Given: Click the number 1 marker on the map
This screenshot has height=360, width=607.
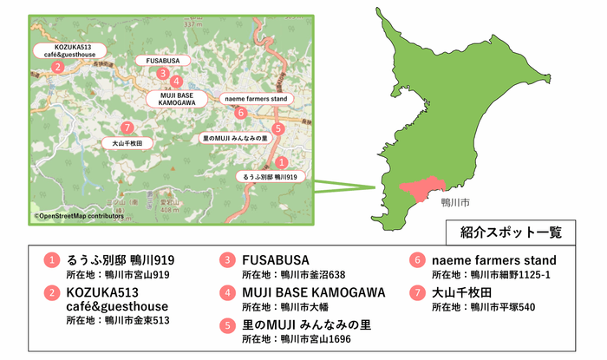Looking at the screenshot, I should (281, 161).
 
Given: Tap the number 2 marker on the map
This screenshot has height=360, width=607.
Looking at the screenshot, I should (57, 67).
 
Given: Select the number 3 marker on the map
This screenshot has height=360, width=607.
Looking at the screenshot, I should (162, 74).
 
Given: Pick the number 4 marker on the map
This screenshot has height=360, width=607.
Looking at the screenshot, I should (176, 82).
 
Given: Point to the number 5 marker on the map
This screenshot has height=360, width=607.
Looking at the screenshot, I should (277, 129).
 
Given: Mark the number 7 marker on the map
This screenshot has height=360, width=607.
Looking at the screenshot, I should (127, 127).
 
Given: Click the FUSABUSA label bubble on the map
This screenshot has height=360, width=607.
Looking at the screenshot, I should (157, 61).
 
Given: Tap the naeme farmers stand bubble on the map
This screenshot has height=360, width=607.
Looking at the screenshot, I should (256, 99).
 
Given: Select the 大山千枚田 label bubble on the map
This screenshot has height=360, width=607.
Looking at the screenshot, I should (127, 142).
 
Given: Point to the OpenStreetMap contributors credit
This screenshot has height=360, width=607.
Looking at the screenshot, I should (76, 216).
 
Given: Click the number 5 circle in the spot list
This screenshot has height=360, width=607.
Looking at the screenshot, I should (227, 325).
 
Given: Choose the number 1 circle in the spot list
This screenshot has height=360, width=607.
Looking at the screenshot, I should (52, 259).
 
